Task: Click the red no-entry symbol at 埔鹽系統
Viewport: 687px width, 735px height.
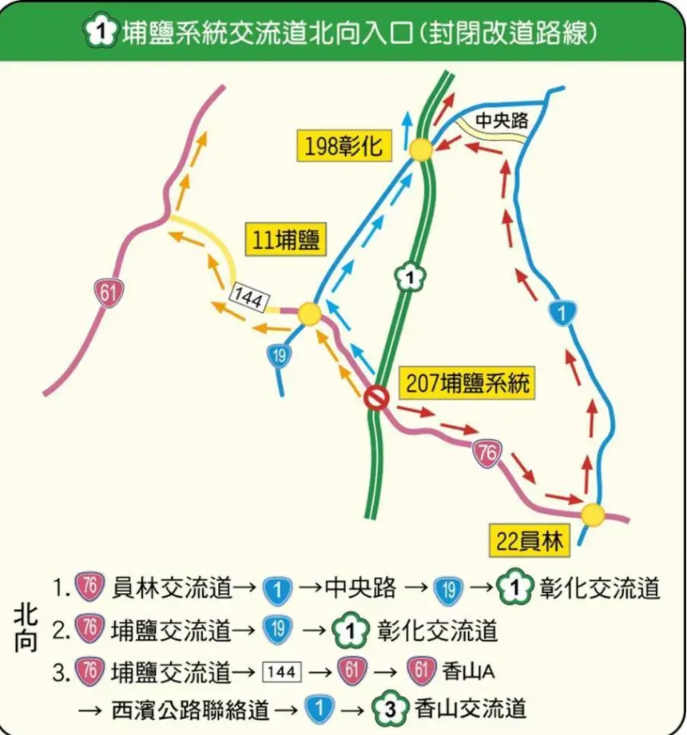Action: coord(375,397)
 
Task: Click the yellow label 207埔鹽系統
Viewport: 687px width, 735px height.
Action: coord(467,384)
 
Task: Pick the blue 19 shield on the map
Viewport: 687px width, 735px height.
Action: coord(278,356)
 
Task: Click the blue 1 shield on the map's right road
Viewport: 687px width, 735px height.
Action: coord(565,313)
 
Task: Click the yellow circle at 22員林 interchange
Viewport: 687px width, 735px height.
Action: coord(593,515)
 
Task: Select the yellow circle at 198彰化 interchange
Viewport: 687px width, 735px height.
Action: coord(421,149)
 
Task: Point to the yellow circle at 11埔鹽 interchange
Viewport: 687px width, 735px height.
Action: coord(309,314)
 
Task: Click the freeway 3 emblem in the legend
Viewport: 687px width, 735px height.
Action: coord(390,708)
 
